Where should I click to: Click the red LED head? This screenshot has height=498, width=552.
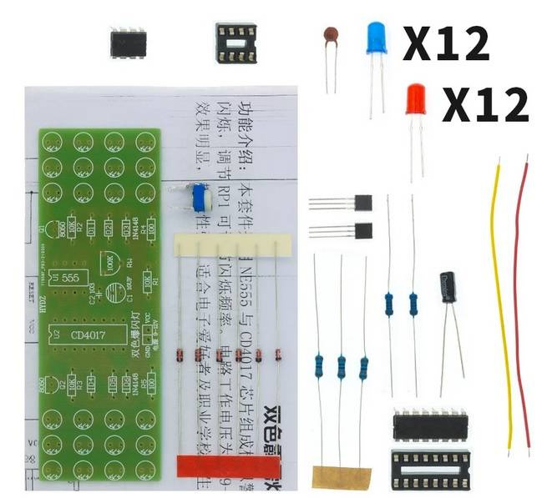coord(415,100)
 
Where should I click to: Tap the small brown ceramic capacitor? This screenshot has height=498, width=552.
coord(332,35)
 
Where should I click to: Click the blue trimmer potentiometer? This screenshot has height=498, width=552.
coord(199,199)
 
